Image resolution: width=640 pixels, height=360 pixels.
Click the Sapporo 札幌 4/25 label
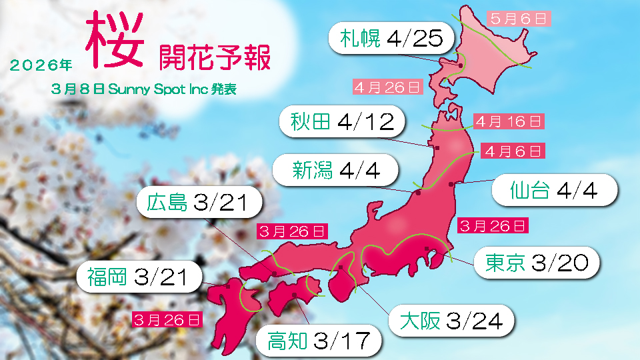coord(391,38)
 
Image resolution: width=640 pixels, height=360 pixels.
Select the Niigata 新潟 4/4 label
coord(336,171)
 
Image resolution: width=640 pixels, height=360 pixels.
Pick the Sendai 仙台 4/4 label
coord(553,191)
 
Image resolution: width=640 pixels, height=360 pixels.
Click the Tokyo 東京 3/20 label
coord(537,263)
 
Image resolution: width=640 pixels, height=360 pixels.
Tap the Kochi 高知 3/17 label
coord(318,341)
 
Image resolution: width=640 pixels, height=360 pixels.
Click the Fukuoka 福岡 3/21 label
coord(139,277)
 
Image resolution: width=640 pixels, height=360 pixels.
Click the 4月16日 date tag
coord(509,121)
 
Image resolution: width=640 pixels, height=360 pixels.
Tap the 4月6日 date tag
coord(513,151)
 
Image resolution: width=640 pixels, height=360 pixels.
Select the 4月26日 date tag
coord(387,87)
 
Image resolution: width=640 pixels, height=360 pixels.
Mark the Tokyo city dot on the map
coord(426,249)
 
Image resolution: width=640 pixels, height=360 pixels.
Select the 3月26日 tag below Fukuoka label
coord(167,319)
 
